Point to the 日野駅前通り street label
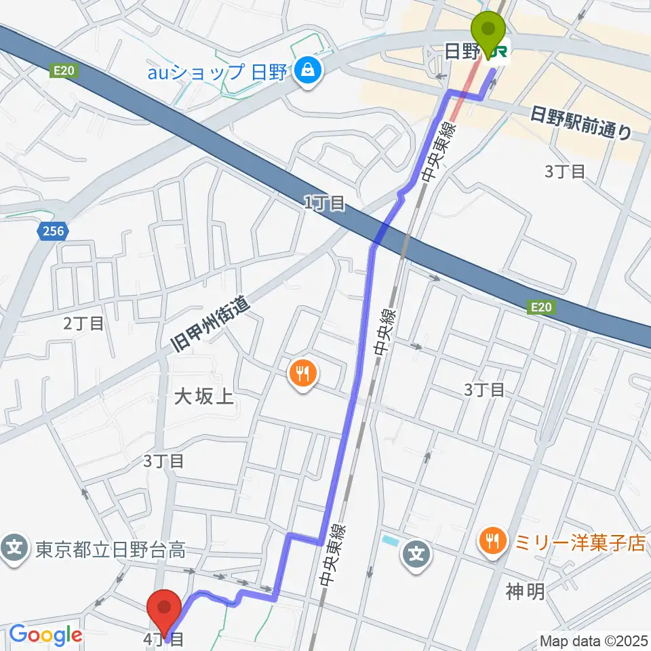pyautogui.click(x=582, y=123)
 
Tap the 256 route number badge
pyautogui.click(x=52, y=232)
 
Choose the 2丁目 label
pyautogui.click(x=83, y=323)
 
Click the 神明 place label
pyautogui.click(x=525, y=592)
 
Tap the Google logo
pyautogui.click(x=45, y=635)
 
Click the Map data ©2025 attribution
pyautogui.click(x=593, y=639)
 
